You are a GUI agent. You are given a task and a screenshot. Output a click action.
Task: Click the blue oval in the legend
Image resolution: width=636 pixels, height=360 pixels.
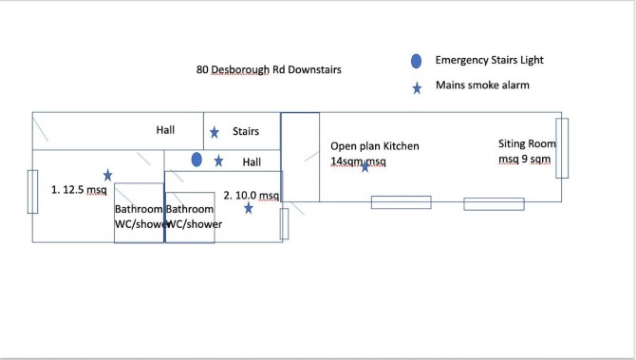[416, 61]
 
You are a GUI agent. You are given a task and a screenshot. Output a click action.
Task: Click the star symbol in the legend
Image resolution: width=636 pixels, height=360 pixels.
[417, 88]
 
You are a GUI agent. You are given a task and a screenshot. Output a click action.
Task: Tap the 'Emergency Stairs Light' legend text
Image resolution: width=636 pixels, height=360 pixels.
[489, 60]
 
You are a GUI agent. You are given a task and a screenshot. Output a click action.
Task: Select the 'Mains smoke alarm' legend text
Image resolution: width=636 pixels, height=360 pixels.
[482, 85]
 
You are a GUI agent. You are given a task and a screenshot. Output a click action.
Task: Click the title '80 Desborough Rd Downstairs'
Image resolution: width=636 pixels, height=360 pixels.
[269, 69]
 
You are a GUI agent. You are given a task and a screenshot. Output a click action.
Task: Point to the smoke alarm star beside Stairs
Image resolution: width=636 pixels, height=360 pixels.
[215, 132]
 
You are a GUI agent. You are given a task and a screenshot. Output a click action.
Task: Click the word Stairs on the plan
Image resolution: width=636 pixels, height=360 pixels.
[246, 131]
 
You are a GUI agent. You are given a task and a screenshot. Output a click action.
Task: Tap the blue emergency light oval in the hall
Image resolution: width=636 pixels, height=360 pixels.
[196, 160]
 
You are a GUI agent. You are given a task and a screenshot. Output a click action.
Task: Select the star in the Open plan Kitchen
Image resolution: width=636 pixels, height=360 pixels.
[365, 166]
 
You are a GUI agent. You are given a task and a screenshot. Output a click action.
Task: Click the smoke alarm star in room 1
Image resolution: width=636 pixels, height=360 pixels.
[107, 176]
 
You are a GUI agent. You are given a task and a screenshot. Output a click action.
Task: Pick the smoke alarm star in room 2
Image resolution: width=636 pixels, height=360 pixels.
[249, 208]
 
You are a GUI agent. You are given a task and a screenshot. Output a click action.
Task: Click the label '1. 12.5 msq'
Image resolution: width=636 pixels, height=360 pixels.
[79, 190]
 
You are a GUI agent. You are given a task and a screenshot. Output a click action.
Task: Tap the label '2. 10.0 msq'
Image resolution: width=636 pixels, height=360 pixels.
[251, 196]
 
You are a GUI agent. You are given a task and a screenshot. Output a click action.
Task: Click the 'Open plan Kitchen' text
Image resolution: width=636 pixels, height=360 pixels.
[375, 146]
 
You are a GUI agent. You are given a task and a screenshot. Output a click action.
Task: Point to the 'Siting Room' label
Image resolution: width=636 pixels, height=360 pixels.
[527, 143]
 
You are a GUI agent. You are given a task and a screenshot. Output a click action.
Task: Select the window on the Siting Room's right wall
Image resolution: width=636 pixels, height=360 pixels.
[562, 148]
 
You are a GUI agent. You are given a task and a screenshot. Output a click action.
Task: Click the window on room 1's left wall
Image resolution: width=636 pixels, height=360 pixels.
[32, 192]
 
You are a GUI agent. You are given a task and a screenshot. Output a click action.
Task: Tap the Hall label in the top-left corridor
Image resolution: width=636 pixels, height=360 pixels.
[165, 130]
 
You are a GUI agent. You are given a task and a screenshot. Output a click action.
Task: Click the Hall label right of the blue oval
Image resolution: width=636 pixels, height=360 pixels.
[252, 162]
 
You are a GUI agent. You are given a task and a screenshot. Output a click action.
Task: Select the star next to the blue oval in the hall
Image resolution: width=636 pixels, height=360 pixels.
[218, 161]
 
